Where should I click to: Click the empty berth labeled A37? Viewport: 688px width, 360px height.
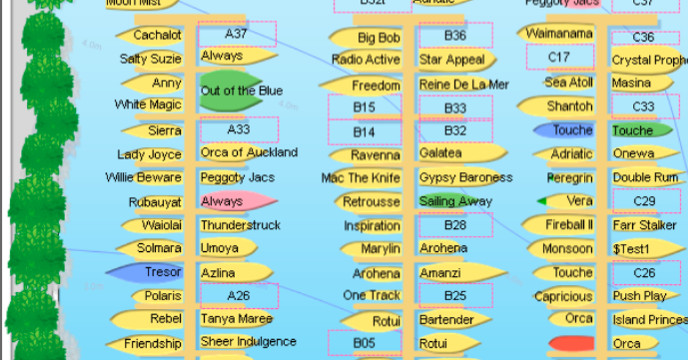(x=236, y=34)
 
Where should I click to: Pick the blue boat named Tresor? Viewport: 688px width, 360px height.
(x=144, y=272)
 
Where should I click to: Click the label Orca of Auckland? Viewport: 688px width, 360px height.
(x=249, y=152)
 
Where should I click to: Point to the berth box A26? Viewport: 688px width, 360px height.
(x=239, y=296)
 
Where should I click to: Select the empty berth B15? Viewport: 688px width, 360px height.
(x=364, y=107)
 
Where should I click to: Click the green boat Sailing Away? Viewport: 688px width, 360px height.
(x=455, y=201)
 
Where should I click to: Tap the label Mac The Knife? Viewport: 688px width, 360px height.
(x=361, y=178)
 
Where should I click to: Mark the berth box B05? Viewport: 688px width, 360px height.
(x=364, y=343)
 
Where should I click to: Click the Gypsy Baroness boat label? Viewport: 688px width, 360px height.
(x=466, y=177)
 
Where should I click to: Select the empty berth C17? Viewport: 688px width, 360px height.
(x=559, y=57)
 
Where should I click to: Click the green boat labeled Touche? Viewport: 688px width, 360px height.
(x=641, y=130)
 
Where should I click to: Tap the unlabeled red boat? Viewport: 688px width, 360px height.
(x=570, y=343)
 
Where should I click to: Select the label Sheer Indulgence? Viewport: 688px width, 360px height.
(x=248, y=341)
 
